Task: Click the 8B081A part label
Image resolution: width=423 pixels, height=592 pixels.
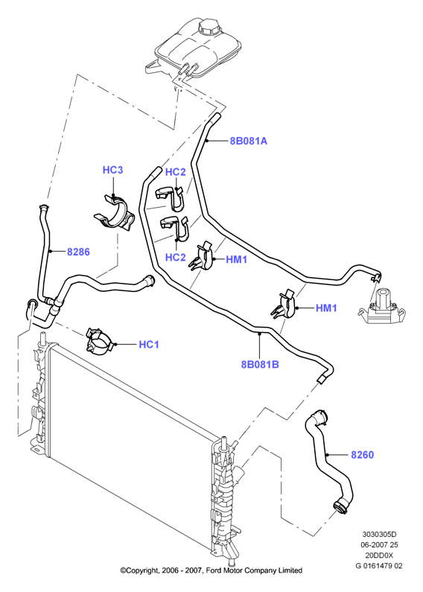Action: click(x=249, y=141)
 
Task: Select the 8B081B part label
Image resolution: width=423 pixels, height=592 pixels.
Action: click(x=260, y=364)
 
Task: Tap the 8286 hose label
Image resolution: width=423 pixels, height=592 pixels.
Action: click(x=78, y=252)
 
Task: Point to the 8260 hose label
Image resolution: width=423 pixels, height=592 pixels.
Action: click(x=362, y=454)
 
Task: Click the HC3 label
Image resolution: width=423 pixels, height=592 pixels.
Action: click(x=113, y=170)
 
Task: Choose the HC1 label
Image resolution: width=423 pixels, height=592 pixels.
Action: click(x=149, y=344)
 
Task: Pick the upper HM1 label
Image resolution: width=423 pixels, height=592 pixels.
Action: click(x=236, y=259)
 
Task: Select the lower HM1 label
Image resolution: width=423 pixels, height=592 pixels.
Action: click(x=326, y=308)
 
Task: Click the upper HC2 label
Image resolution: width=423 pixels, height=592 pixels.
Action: click(x=176, y=172)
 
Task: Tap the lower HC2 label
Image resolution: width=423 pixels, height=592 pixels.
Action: click(x=176, y=258)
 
